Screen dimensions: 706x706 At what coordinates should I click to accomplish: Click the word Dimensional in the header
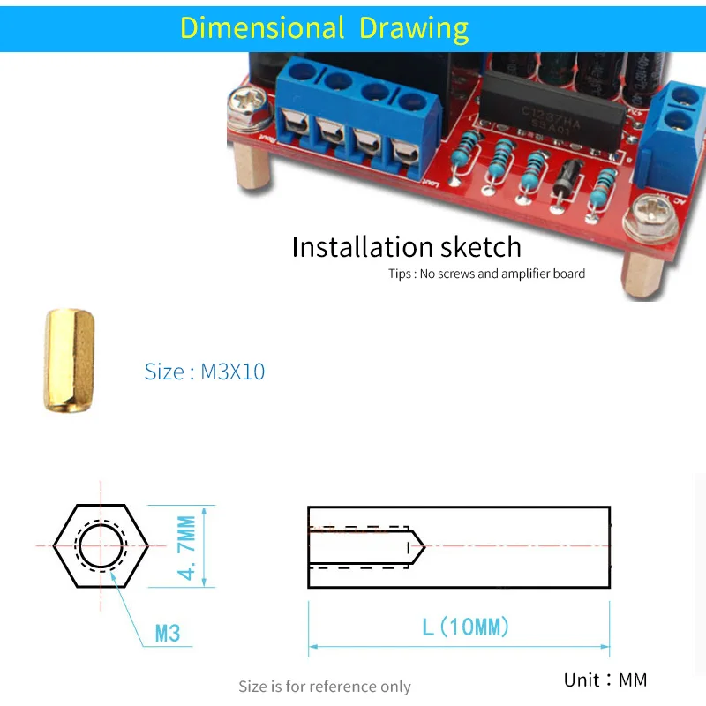261,27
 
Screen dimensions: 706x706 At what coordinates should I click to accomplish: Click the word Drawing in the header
413,27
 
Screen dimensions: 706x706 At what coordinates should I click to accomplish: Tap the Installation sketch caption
406,246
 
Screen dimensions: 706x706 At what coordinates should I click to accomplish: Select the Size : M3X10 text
205,372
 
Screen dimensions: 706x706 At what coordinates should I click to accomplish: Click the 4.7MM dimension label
188,545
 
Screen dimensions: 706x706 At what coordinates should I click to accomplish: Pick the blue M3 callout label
167,633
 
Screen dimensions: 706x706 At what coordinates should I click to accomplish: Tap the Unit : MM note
605,680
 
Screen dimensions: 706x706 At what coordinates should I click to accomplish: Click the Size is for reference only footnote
324,686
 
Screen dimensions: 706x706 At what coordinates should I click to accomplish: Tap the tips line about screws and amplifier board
486,274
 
